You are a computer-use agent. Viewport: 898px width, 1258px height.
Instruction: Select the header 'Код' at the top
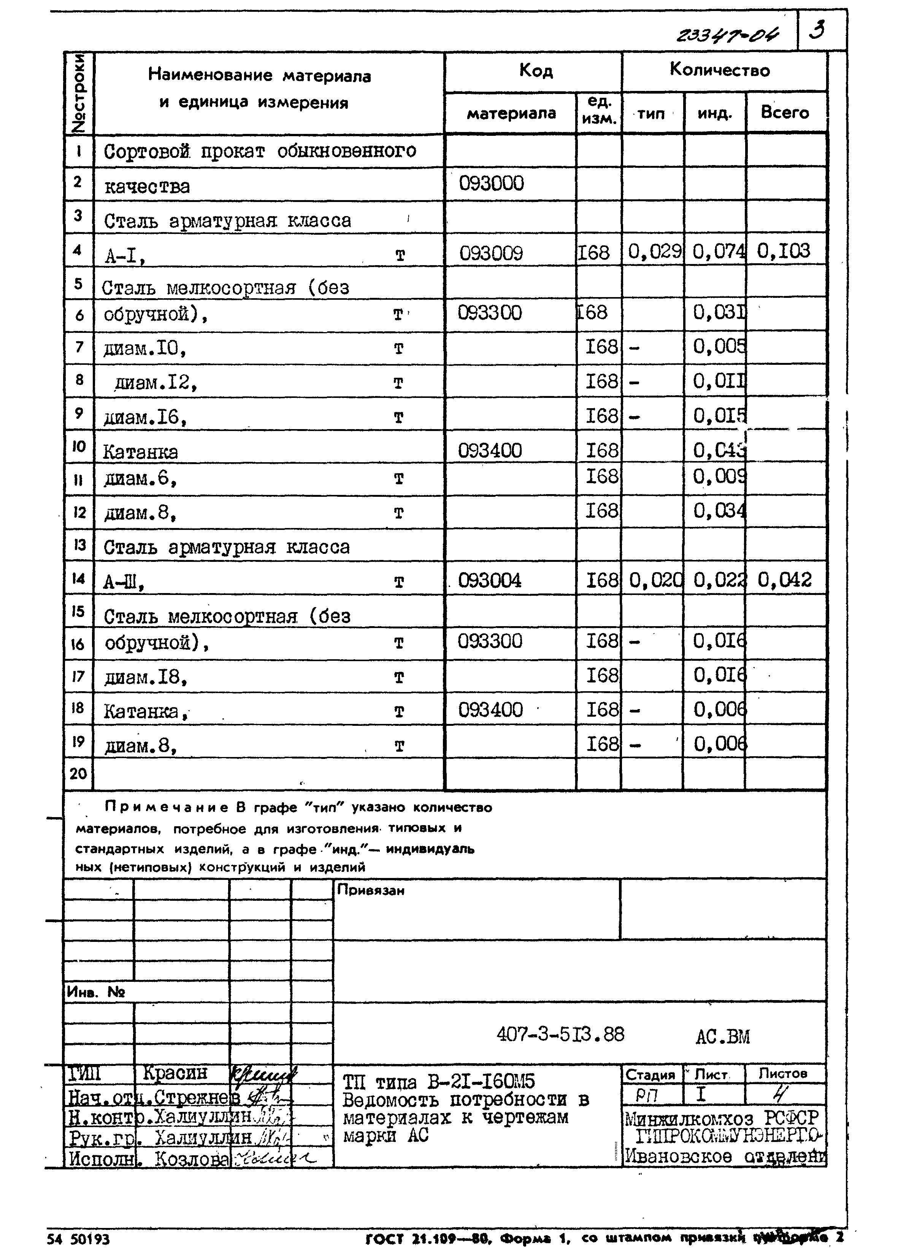[535, 71]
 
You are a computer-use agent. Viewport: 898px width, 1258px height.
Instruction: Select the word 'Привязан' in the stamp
[370, 890]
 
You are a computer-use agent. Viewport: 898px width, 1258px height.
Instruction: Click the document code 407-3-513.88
[560, 1034]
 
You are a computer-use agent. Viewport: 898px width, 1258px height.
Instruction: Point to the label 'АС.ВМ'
[722, 1036]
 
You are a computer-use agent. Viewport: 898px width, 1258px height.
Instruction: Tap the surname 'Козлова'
[191, 1158]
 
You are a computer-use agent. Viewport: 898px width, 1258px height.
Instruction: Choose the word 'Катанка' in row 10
[140, 452]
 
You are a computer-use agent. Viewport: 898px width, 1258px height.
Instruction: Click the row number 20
[78, 773]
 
